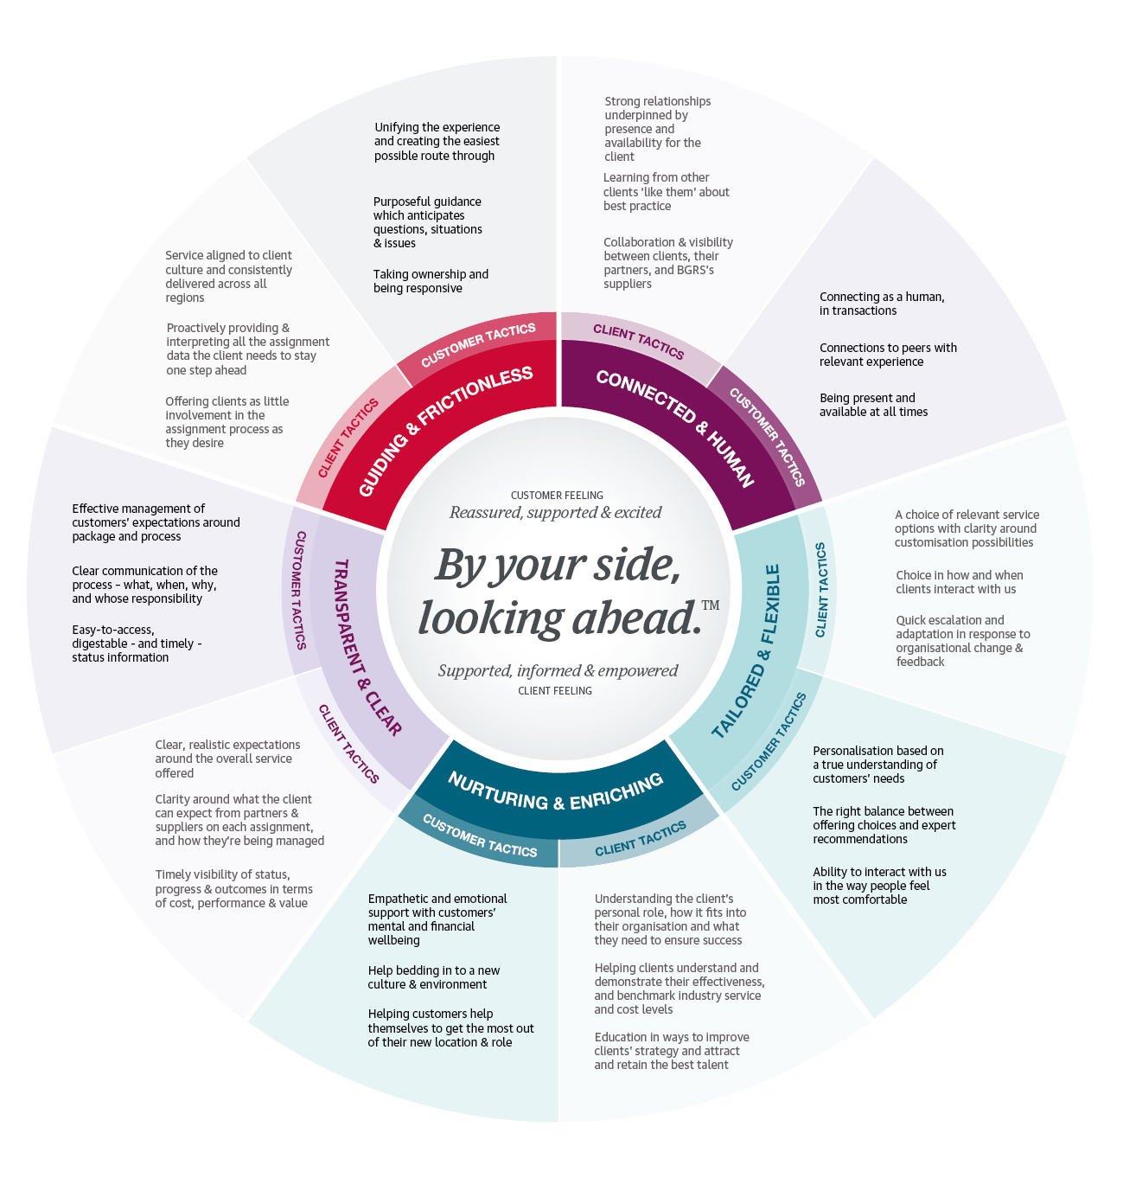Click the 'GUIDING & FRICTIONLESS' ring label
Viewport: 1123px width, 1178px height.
tap(445, 432)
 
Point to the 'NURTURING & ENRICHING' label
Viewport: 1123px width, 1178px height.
tap(556, 791)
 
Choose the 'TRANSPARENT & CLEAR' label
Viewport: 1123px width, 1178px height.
tap(367, 648)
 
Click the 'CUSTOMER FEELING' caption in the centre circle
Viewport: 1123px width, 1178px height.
tap(557, 496)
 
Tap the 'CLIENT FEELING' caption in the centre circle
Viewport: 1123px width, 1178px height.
tap(555, 691)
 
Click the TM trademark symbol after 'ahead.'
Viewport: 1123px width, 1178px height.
tap(711, 605)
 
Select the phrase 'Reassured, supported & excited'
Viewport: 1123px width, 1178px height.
tap(556, 512)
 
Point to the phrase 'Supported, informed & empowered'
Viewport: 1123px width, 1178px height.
tap(558, 670)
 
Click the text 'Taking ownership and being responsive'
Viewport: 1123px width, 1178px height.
tap(431, 281)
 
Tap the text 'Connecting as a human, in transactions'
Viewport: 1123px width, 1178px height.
tap(881, 304)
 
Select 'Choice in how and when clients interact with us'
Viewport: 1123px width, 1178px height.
tap(959, 582)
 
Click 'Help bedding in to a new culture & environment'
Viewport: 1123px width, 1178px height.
tap(433, 977)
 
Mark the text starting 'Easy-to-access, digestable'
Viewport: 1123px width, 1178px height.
tap(136, 643)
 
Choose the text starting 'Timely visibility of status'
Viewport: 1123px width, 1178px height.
tap(233, 889)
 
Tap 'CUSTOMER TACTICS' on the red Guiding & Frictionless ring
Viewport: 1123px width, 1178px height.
tap(478, 344)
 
